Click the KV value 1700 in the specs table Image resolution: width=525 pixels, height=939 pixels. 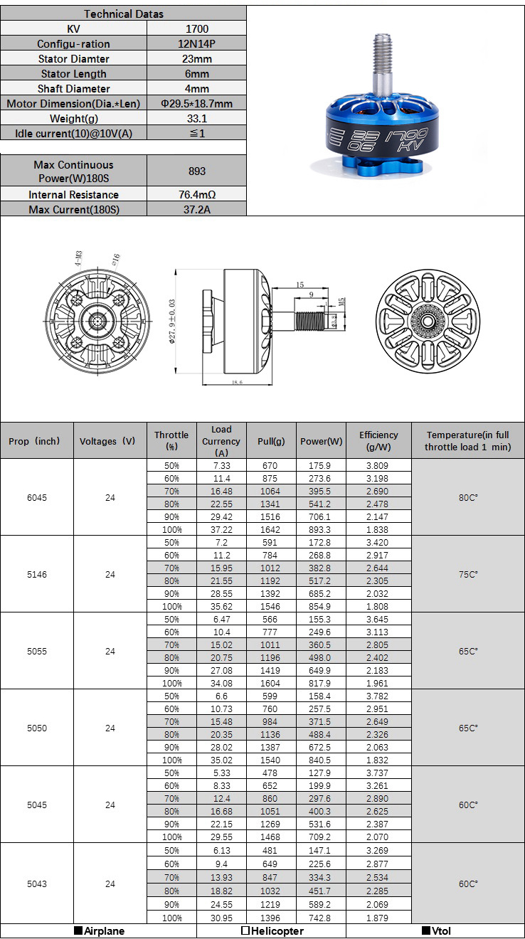(196, 28)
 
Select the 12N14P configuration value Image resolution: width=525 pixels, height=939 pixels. (196, 43)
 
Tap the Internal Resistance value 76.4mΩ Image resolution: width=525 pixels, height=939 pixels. (196, 194)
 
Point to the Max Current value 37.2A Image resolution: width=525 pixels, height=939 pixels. (196, 209)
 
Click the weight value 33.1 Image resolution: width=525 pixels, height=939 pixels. (196, 118)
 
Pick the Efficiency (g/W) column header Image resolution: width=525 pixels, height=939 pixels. (378, 441)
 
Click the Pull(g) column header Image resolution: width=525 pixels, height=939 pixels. (271, 441)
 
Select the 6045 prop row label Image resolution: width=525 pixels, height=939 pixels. (37, 497)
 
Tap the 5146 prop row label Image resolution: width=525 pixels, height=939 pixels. (37, 574)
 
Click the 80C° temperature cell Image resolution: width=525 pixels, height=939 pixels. (467, 497)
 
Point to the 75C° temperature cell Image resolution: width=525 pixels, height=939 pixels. (467, 574)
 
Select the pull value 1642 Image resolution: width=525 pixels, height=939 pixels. (270, 529)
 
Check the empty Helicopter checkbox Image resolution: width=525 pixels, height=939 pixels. (245, 930)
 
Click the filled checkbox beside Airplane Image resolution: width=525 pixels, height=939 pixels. (78, 930)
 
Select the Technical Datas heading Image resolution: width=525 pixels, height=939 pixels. (123, 14)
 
